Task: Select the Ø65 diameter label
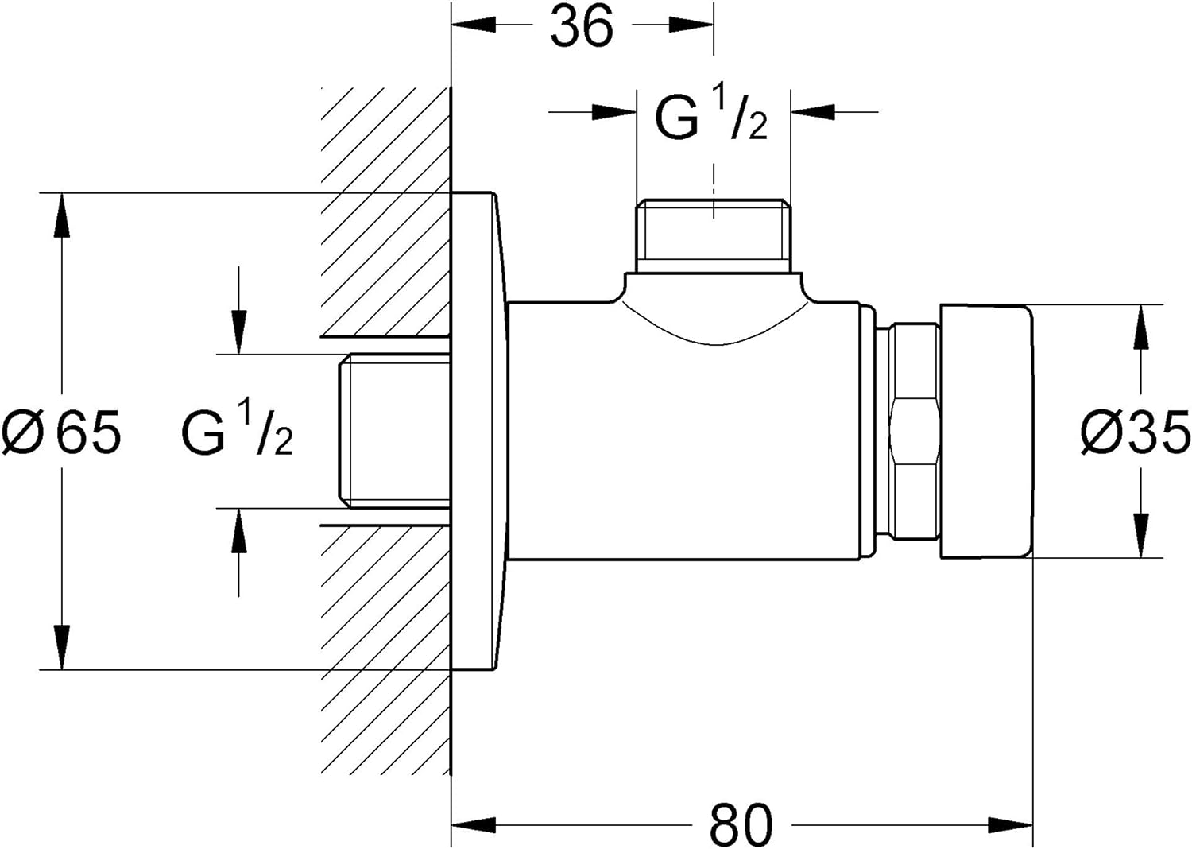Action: point(62,432)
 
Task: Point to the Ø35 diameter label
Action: point(1135,432)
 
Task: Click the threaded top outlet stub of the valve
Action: point(714,237)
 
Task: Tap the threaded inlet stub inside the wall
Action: point(395,432)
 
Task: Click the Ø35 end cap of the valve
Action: point(987,432)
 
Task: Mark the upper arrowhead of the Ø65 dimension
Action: point(62,215)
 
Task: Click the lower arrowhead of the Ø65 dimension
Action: point(62,648)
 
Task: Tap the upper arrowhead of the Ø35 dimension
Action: point(1140,326)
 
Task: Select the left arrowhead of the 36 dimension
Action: point(474,24)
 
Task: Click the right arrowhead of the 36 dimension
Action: point(691,24)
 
